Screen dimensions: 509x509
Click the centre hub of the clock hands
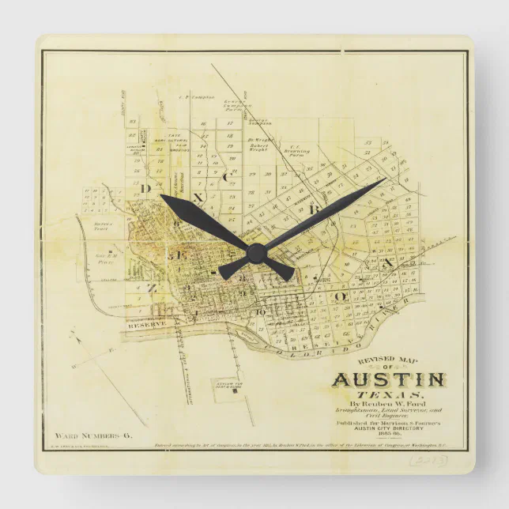coord(255,251)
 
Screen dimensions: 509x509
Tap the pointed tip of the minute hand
coord(386,179)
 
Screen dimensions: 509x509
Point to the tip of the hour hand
coord(160,196)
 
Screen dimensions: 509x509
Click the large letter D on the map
coord(145,189)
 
